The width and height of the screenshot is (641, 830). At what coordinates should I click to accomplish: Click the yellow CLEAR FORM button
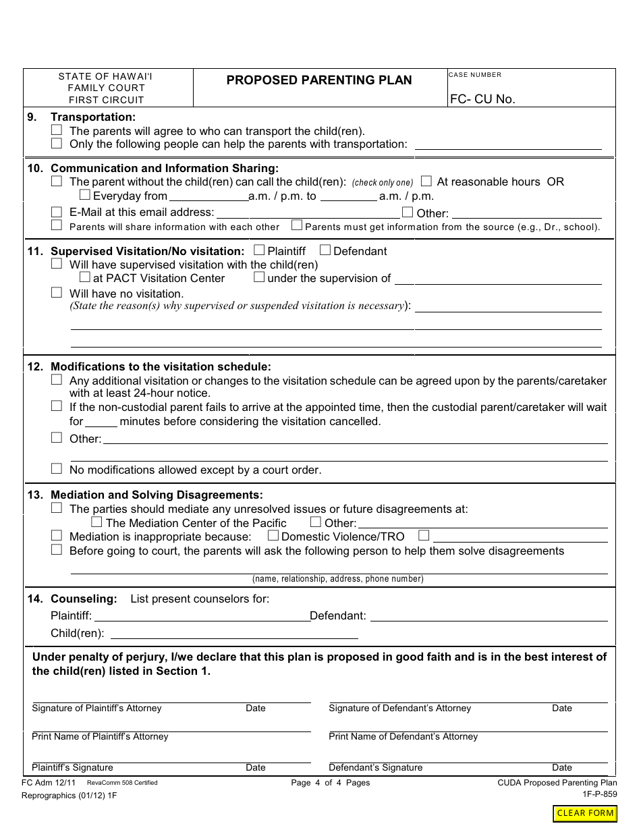[x=585, y=813]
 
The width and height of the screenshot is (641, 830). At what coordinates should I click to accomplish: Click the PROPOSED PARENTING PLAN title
[x=319, y=80]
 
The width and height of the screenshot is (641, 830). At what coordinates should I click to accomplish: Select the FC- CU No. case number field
[x=531, y=99]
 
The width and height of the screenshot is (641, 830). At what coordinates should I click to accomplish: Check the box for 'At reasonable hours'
[x=426, y=181]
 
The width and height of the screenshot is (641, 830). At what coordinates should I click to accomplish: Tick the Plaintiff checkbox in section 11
[x=259, y=250]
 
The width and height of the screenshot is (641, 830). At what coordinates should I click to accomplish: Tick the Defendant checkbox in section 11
[x=325, y=250]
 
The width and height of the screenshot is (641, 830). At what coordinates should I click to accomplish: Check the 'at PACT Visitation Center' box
[x=84, y=277]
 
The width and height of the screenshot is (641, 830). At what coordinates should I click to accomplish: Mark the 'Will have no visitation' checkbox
[x=57, y=293]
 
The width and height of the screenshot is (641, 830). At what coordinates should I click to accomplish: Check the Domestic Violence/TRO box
[x=273, y=536]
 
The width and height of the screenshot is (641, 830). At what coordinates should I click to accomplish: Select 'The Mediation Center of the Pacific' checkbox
[x=96, y=522]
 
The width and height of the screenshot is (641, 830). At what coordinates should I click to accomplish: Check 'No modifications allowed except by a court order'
[x=57, y=469]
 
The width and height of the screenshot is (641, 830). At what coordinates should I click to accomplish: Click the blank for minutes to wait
[x=101, y=422]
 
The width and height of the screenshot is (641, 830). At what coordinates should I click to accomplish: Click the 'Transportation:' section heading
[x=93, y=117]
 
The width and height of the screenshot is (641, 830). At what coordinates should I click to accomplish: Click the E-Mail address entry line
[x=308, y=212]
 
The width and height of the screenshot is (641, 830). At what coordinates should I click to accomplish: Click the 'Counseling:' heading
[x=84, y=599]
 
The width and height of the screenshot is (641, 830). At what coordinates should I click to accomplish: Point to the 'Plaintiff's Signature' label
[x=72, y=767]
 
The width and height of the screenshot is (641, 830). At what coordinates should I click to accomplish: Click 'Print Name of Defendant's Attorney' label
[x=403, y=736]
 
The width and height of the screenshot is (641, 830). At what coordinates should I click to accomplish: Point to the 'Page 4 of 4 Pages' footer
[x=330, y=783]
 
